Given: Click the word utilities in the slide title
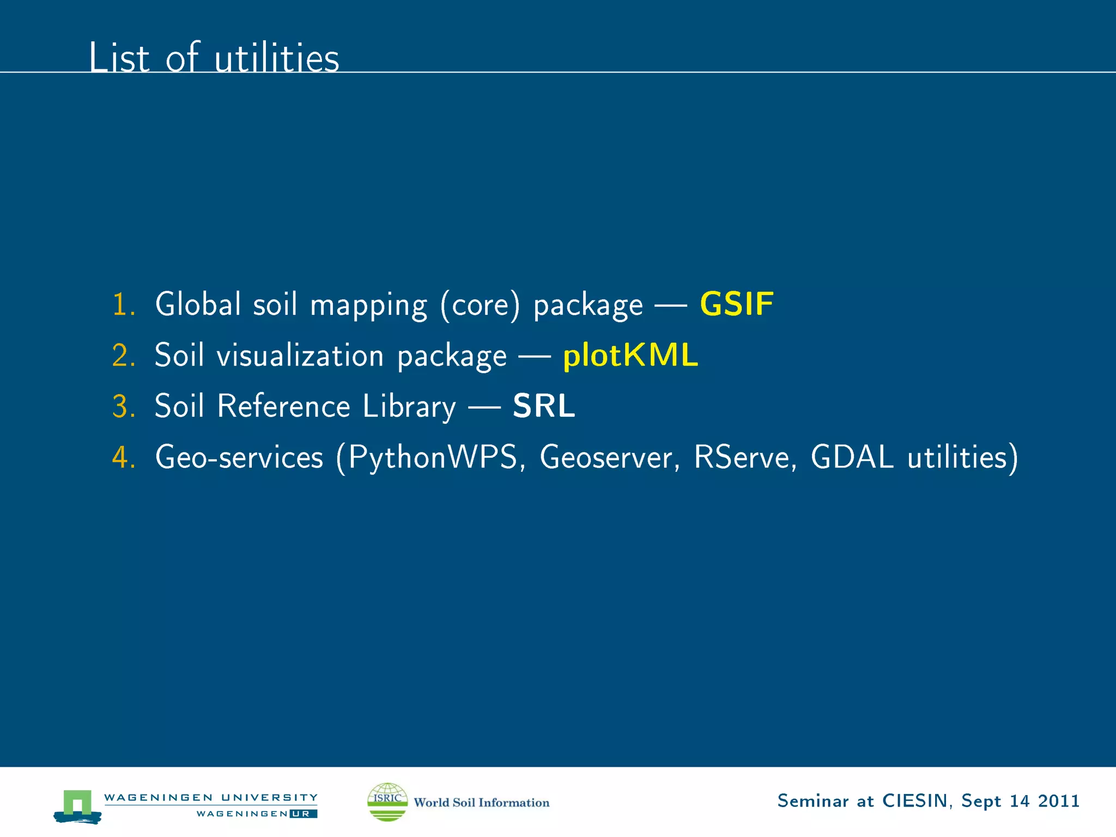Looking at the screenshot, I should pyautogui.click(x=276, y=58).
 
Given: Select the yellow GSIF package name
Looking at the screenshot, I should pyautogui.click(x=736, y=304).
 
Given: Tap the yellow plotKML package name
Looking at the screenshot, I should pyautogui.click(x=630, y=355).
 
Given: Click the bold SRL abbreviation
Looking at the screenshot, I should pyautogui.click(x=544, y=406).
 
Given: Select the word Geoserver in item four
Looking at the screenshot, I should pyautogui.click(x=606, y=457).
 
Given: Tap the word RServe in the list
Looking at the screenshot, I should pyautogui.click(x=742, y=457).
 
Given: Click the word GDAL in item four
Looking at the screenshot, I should pyautogui.click(x=852, y=457).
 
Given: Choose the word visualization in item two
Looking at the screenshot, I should pyautogui.click(x=300, y=355).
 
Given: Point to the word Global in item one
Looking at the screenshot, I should pyautogui.click(x=198, y=304).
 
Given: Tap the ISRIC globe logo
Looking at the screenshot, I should pyautogui.click(x=387, y=802).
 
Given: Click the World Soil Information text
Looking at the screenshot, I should pyautogui.click(x=481, y=803).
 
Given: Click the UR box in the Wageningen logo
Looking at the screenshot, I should pyautogui.click(x=304, y=814).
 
